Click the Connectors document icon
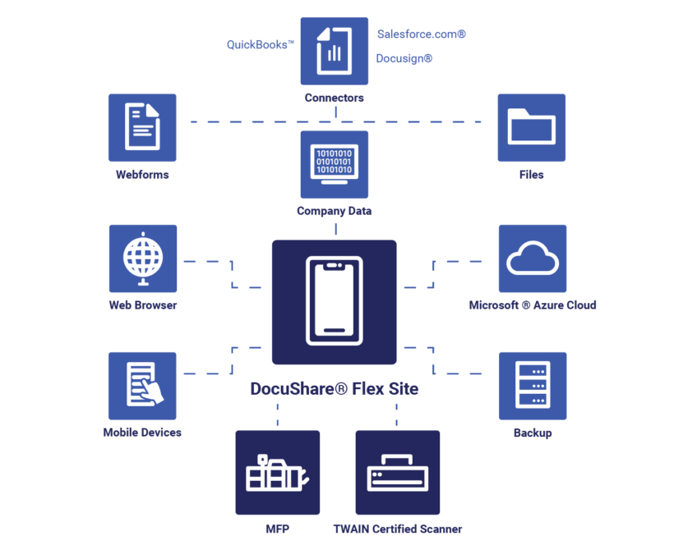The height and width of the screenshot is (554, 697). (334, 51)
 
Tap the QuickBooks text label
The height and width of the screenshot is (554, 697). (260, 45)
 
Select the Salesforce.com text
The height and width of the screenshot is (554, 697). (421, 34)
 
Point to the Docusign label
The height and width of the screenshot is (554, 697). (404, 58)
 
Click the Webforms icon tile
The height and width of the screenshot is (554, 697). (142, 127)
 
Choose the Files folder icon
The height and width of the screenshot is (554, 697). (531, 127)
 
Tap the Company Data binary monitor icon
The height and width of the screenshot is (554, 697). (334, 164)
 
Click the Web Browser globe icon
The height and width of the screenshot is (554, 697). (142, 259)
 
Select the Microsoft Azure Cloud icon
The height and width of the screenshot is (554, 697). (532, 259)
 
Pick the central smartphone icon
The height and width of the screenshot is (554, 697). (334, 301)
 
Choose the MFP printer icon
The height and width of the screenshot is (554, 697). (277, 472)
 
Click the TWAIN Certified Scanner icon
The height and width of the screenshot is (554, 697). (397, 472)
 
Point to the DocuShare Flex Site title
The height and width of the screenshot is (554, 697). (334, 389)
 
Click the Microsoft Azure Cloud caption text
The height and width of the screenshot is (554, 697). (532, 305)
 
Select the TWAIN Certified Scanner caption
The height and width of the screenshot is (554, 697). (397, 529)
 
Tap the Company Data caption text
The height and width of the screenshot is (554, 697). (334, 211)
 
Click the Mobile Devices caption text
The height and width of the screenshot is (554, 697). (142, 433)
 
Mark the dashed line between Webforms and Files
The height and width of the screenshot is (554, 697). (247, 122)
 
